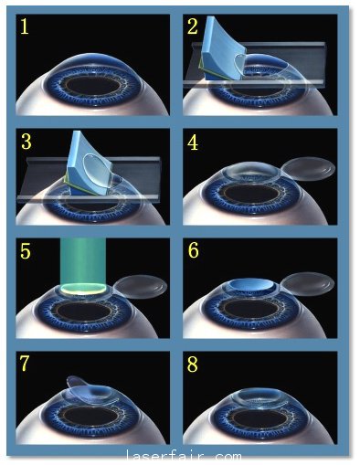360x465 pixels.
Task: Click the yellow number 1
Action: (x=24, y=27)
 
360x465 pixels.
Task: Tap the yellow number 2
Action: (x=193, y=26)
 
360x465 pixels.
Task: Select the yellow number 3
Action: (x=26, y=142)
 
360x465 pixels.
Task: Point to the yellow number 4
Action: (x=193, y=143)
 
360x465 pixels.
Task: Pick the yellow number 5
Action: (x=26, y=251)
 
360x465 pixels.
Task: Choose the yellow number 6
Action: (x=194, y=250)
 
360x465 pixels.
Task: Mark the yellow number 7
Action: (x=25, y=363)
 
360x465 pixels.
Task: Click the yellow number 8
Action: (x=193, y=365)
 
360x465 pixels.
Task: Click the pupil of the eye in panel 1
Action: (x=92, y=86)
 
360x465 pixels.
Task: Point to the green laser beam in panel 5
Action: (x=83, y=262)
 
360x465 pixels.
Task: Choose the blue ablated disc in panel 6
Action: (x=251, y=285)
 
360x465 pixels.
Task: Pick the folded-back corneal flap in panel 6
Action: (x=307, y=284)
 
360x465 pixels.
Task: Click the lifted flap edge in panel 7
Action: (x=79, y=384)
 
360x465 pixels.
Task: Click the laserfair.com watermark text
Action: (x=184, y=457)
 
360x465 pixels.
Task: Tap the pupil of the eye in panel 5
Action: (x=84, y=312)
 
